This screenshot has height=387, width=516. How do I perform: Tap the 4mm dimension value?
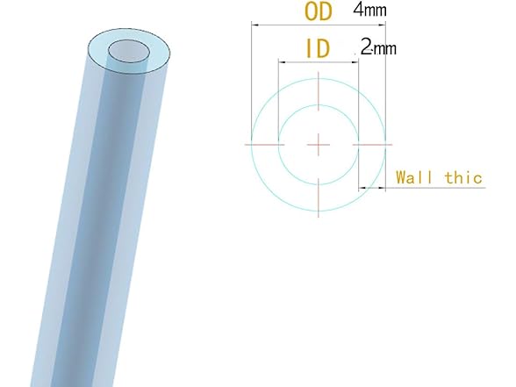pyautogui.click(x=369, y=11)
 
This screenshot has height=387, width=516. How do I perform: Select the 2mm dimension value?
pyautogui.click(x=378, y=48)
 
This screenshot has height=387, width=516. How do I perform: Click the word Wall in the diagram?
pyautogui.click(x=415, y=177)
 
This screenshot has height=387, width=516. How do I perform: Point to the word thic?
pyautogui.click(x=463, y=177)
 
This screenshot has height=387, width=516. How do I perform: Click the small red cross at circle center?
pyautogui.click(x=318, y=141)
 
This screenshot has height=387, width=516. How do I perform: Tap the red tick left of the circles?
pyautogui.click(x=264, y=141)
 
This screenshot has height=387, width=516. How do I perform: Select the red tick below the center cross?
pyautogui.click(x=318, y=195)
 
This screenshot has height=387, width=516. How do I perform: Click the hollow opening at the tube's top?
pyautogui.click(x=129, y=52)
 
